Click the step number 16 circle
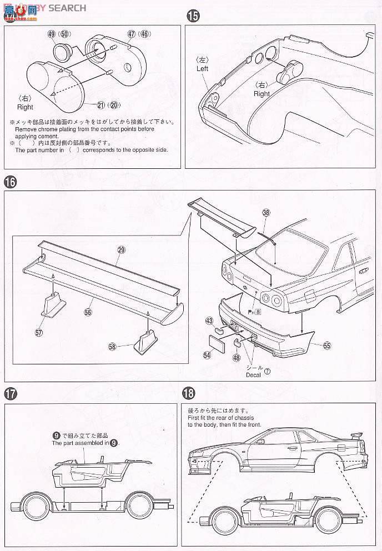(x=10, y=181)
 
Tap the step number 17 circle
(x=10, y=393)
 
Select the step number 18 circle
(x=189, y=393)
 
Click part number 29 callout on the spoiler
(x=122, y=251)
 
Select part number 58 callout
(x=113, y=346)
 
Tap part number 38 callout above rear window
(x=266, y=212)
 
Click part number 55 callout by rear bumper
(x=326, y=345)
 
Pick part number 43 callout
(x=209, y=320)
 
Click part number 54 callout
(x=207, y=354)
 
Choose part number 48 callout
(x=236, y=359)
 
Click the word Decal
(x=253, y=375)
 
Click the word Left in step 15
(x=203, y=69)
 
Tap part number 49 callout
(x=52, y=34)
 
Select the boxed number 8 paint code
(x=258, y=312)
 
